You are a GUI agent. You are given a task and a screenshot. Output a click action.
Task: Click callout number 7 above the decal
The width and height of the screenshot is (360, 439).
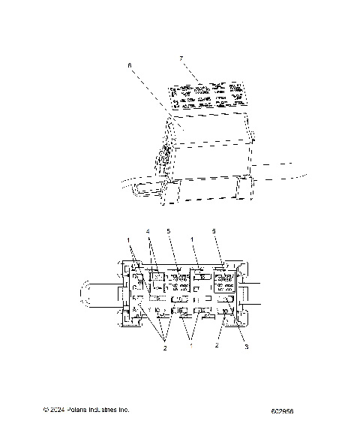[x=181, y=58]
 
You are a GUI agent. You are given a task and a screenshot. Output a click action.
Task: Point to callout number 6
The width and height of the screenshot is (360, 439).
[x=130, y=66]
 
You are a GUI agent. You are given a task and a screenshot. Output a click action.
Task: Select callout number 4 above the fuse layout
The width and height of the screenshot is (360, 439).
[x=148, y=230]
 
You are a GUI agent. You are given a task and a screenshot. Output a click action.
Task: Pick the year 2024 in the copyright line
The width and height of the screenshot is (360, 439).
[x=60, y=410]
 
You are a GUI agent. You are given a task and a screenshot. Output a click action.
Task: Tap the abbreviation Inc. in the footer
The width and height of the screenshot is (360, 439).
[x=124, y=410]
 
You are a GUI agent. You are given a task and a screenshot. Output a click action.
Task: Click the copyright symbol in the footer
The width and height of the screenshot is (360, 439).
[x=47, y=410]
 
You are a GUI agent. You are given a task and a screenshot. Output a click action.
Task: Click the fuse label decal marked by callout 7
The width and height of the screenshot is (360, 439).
[x=207, y=95]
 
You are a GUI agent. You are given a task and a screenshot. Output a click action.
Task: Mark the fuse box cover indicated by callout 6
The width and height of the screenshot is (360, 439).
[x=206, y=150]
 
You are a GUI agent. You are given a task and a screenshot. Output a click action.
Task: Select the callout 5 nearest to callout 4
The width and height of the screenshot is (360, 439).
[x=169, y=231]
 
